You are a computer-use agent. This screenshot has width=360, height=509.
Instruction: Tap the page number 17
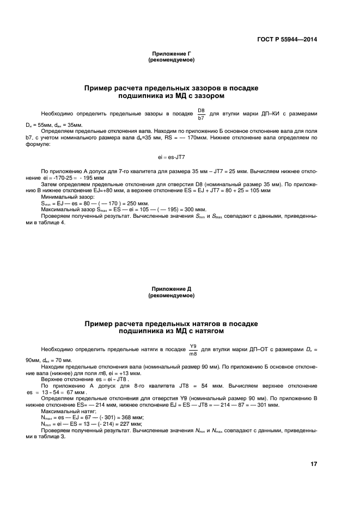pyautogui.click(x=314, y=464)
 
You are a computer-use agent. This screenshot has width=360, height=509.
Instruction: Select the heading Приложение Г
pyautogui.click(x=171, y=54)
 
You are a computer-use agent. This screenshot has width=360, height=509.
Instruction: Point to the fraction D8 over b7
pyautogui.click(x=201, y=113)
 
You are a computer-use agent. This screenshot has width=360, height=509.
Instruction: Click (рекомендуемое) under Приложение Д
pyautogui.click(x=171, y=296)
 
